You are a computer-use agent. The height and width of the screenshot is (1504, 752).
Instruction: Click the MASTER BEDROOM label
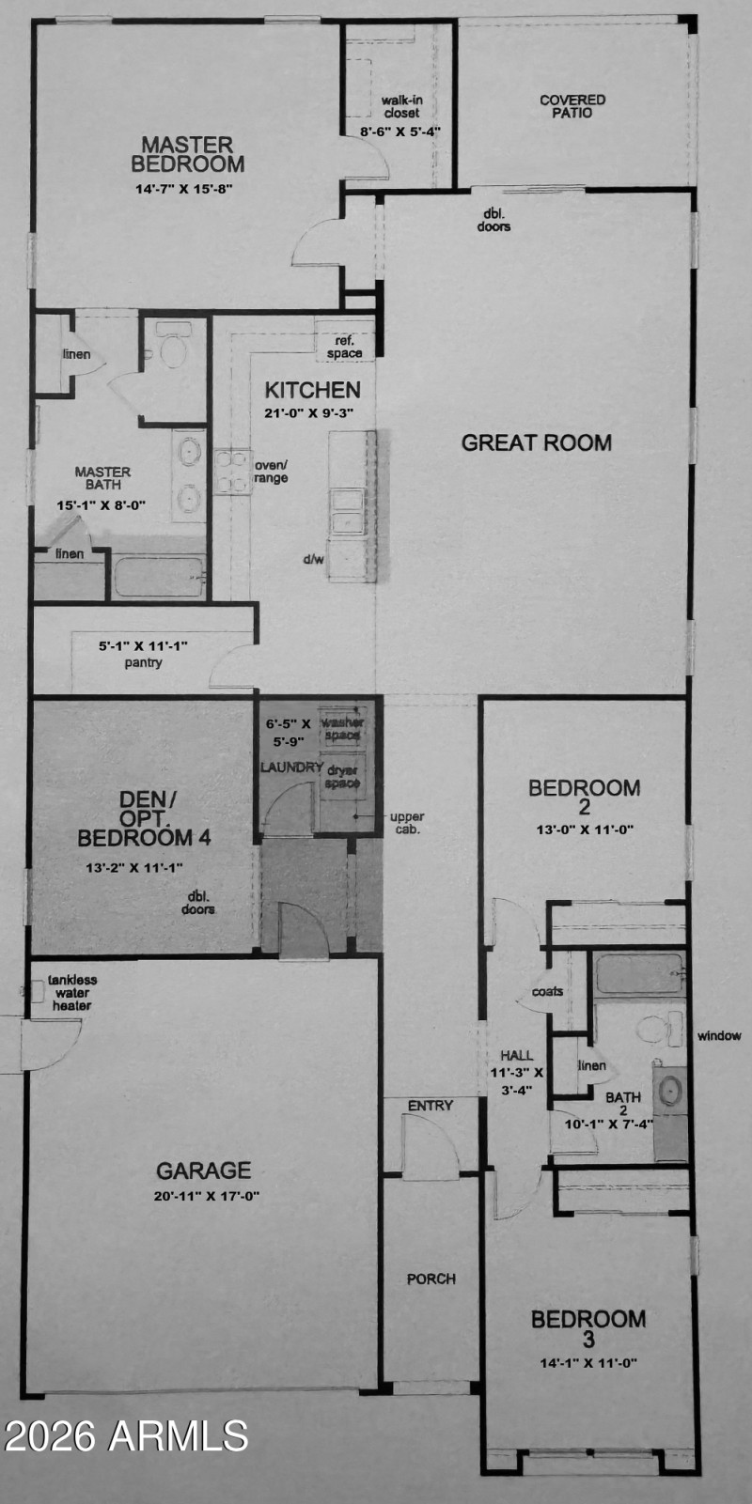click(x=187, y=154)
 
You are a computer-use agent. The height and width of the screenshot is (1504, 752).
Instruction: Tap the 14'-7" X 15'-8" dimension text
click(x=183, y=188)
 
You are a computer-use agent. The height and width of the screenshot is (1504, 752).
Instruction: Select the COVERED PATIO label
click(x=572, y=106)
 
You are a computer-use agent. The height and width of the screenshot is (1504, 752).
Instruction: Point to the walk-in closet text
click(x=400, y=106)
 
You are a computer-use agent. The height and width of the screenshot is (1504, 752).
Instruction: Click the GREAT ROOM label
click(x=536, y=442)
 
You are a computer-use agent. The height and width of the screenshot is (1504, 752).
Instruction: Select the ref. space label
click(x=344, y=347)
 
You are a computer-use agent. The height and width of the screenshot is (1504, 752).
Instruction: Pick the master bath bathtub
click(x=158, y=576)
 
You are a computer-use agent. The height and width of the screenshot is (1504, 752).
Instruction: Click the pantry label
click(x=143, y=662)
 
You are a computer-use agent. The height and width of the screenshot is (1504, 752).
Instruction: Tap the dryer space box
click(x=342, y=779)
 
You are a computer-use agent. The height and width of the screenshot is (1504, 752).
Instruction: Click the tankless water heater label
click(x=72, y=992)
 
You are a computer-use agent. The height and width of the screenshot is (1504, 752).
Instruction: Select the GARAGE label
click(x=203, y=1170)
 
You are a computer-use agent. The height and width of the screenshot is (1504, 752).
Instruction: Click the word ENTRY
click(x=430, y=1106)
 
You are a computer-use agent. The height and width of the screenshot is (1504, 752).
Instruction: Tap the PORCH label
click(x=431, y=1279)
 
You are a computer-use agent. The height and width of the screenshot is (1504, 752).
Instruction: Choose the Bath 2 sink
click(x=669, y=1093)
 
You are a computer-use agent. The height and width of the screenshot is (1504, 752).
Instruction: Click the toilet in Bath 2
click(x=656, y=1029)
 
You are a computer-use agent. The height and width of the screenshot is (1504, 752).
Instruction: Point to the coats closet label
click(x=547, y=991)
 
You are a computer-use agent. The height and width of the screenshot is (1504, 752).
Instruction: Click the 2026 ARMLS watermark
click(x=126, y=1435)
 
